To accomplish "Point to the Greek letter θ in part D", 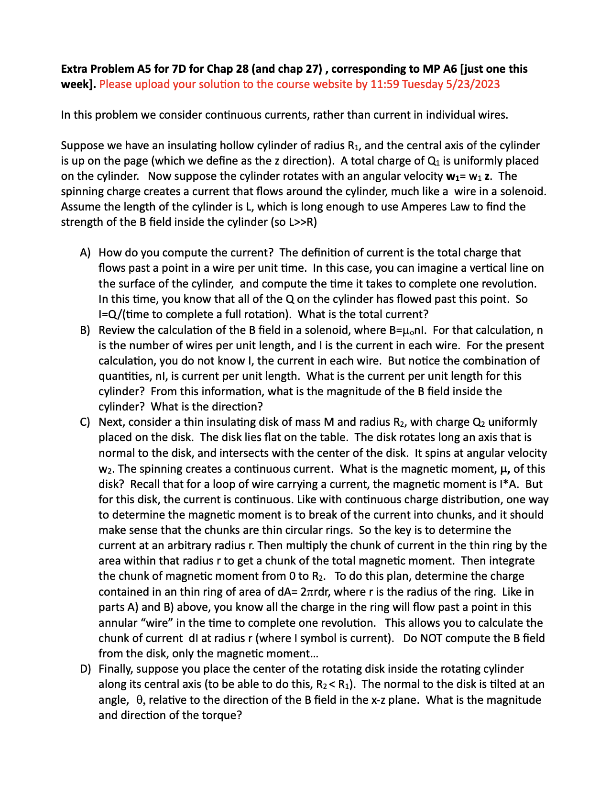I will click(x=140, y=700).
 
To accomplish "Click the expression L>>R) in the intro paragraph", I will click(x=303, y=222).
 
